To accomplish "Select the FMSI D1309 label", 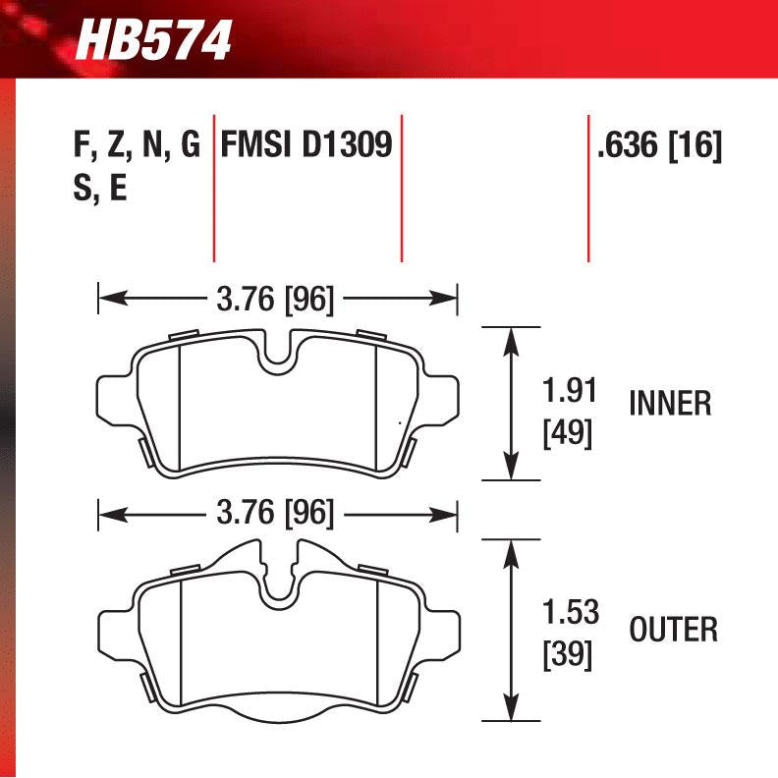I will [306, 146].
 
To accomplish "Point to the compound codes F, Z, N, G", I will [137, 147].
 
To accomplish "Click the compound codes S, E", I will [99, 189].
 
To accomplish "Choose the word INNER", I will [669, 403].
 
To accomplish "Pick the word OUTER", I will [674, 629].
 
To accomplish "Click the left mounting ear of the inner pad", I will [113, 397].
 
